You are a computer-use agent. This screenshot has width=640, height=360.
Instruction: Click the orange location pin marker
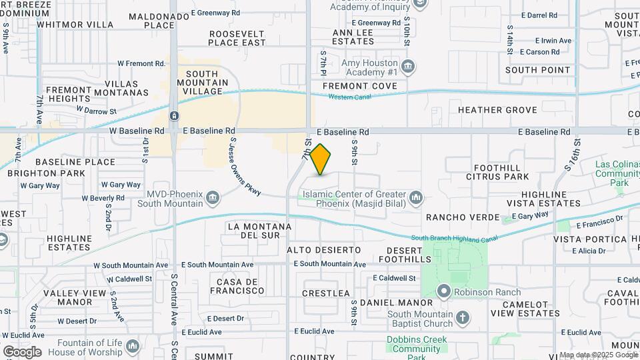pyautogui.click(x=321, y=159)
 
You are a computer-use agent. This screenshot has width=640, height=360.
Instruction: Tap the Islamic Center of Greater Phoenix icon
pyautogui.click(x=416, y=197)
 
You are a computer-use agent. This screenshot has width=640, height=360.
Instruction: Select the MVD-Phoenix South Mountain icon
pyautogui.click(x=212, y=197)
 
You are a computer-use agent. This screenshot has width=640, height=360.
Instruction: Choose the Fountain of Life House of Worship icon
pyautogui.click(x=132, y=346)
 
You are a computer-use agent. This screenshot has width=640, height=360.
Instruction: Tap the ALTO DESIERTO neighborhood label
pyautogui.click(x=323, y=250)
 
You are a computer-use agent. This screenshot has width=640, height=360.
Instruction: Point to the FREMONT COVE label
pyautogui.click(x=359, y=86)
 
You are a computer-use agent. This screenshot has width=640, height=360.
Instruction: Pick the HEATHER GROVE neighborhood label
pyautogui.click(x=497, y=110)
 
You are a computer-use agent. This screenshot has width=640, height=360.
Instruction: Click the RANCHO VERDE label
pyautogui.click(x=463, y=217)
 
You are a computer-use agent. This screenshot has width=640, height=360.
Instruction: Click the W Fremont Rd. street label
pyautogui.click(x=141, y=64)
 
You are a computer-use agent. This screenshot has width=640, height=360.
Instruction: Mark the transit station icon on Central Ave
pyautogui.click(x=173, y=116)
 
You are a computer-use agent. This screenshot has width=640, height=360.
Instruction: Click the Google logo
pyautogui.click(x=22, y=352)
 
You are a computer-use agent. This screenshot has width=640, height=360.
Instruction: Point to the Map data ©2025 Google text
pyautogui.click(x=599, y=355)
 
